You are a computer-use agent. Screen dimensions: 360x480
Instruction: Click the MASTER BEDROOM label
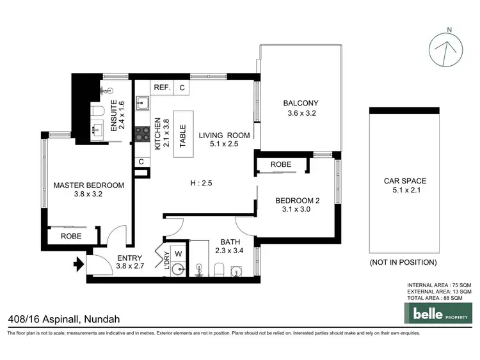pos(88,185)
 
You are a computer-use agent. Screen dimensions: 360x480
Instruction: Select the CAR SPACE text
pos(404,181)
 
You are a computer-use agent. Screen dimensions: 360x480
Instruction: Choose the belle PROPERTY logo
pos(436,314)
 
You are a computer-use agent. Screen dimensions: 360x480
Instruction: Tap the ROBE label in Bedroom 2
pos(280,165)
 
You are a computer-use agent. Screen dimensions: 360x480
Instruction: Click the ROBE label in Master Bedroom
pos(70,235)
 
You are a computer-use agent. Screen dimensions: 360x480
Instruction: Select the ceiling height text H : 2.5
pos(201,184)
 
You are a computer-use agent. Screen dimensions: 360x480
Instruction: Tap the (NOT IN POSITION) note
pos(404,262)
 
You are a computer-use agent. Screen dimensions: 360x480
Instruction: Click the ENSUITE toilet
pos(97,113)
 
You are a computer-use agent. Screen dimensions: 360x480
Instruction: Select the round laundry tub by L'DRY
pos(181,270)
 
